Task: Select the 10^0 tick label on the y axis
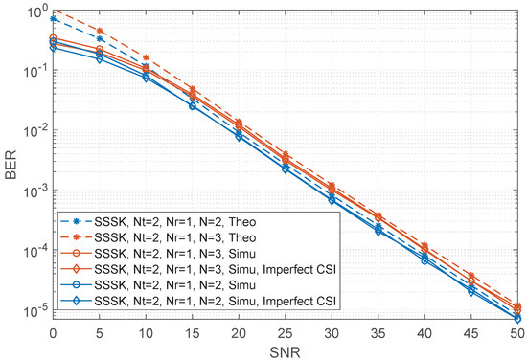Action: (x=38, y=11)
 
